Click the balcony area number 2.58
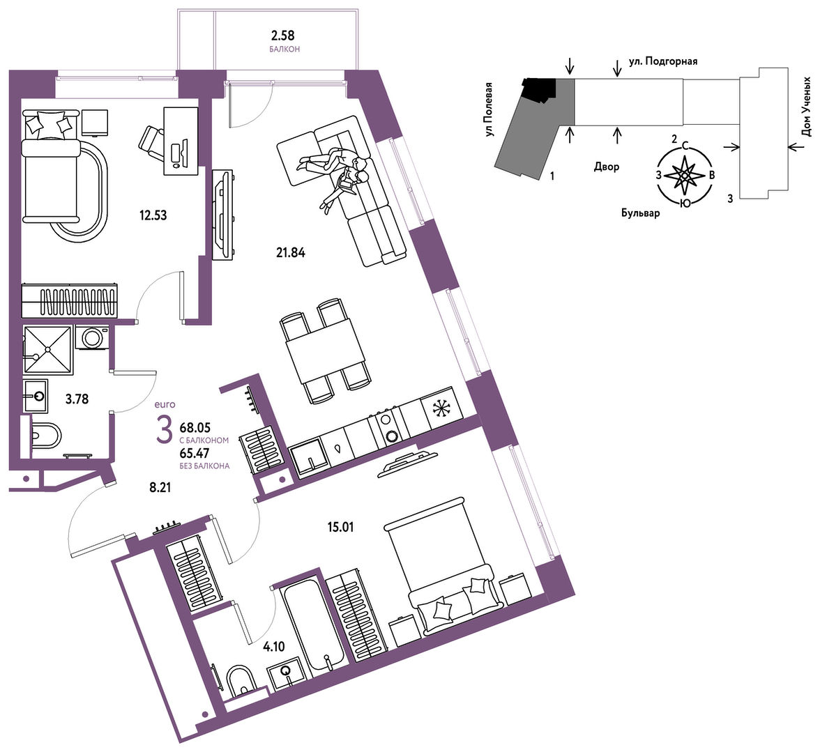pyautogui.click(x=282, y=36)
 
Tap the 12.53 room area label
pyautogui.click(x=153, y=215)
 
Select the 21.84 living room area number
pyautogui.click(x=291, y=253)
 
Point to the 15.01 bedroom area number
pyautogui.click(x=340, y=526)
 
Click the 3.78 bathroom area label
pyautogui.click(x=77, y=399)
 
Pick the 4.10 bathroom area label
pyautogui.click(x=274, y=646)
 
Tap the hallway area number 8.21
pyautogui.click(x=160, y=487)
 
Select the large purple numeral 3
pyautogui.click(x=165, y=429)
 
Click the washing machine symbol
pyautogui.click(x=92, y=337)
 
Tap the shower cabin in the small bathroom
pyautogui.click(x=47, y=349)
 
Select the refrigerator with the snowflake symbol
pyautogui.click(x=441, y=406)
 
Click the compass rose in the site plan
pyautogui.click(x=684, y=174)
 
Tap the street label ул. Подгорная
pyautogui.click(x=663, y=61)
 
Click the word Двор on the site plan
pyautogui.click(x=607, y=167)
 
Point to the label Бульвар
pyautogui.click(x=640, y=213)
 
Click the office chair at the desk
pyautogui.click(x=153, y=143)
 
